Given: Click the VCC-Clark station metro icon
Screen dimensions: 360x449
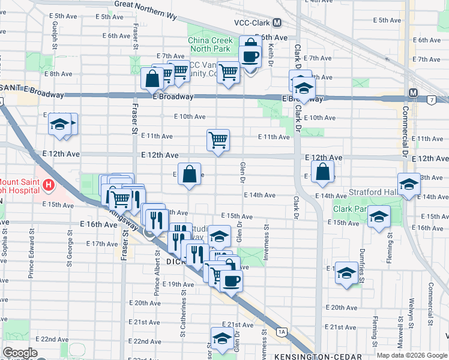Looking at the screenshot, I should [277, 23].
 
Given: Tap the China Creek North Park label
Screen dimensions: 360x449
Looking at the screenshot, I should [209, 44].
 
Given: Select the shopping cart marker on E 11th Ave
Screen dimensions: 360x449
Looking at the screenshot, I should [218, 140].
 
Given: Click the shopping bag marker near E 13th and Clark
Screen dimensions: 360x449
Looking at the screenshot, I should [322, 172].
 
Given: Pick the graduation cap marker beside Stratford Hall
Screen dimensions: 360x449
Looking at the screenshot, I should [408, 184].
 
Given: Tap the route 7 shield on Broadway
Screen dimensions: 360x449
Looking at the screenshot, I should [432, 99].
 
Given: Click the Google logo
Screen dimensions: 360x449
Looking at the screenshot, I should [19, 353].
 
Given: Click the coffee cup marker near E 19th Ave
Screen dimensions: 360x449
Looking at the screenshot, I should [231, 280].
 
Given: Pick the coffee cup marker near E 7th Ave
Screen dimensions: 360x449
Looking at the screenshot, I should [250, 57].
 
